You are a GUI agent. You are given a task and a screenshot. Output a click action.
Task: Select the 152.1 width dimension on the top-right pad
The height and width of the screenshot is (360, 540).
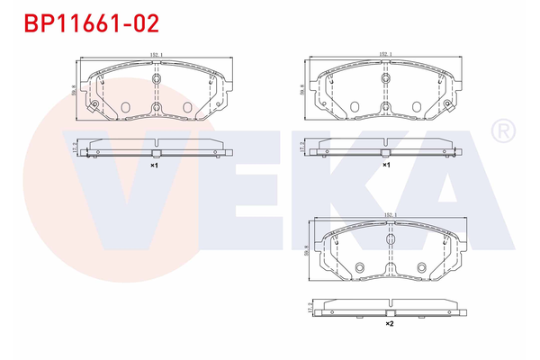385,55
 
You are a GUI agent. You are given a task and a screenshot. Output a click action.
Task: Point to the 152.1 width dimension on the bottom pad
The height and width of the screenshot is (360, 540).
390,214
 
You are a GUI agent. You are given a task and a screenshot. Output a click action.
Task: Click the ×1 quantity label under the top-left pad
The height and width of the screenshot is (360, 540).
154,166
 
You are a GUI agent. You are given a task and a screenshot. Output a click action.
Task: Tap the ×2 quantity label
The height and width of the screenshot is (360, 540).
390,323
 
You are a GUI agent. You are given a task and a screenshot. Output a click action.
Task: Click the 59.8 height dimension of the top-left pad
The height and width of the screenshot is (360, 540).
72,89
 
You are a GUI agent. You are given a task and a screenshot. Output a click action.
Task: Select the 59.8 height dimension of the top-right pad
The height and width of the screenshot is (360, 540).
302,89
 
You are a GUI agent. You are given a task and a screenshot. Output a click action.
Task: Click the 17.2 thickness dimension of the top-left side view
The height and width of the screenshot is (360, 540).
72,148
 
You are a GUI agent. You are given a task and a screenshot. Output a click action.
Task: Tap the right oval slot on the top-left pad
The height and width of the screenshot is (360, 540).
187,108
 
